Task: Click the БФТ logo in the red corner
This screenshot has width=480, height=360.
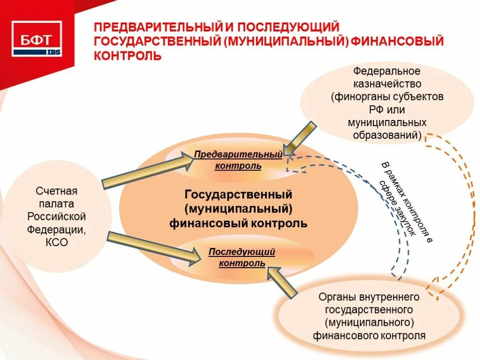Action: click(x=37, y=39)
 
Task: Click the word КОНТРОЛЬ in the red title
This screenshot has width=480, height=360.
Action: click(x=128, y=56)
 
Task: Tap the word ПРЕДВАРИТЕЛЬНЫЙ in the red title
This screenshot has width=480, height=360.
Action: click(x=152, y=28)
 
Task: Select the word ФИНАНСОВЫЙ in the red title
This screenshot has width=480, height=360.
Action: click(x=397, y=42)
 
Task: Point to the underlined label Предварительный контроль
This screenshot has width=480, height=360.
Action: click(x=238, y=160)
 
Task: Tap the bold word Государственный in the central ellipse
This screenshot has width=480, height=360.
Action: click(x=238, y=194)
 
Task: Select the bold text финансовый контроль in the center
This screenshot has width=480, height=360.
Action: click(x=238, y=223)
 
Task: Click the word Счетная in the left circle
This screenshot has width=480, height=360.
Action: click(x=56, y=191)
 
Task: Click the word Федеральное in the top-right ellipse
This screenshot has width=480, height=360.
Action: click(x=387, y=72)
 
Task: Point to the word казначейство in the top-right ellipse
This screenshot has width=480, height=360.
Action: click(x=387, y=84)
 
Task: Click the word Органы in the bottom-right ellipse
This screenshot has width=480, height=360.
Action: click(x=335, y=297)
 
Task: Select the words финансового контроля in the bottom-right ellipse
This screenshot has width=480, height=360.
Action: click(x=369, y=335)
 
